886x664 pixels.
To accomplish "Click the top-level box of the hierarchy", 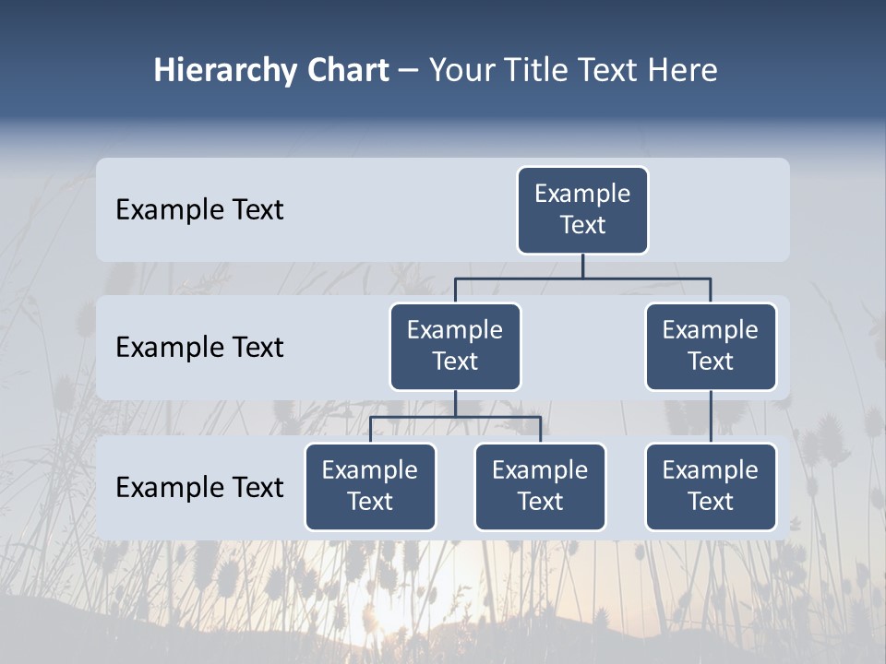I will coord(582,209).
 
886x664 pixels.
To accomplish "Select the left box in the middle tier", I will coord(455,346).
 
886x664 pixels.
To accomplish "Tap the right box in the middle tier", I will coord(711,346).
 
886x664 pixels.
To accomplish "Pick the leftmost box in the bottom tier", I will coord(370,486).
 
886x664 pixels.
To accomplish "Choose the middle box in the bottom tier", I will coord(540,486).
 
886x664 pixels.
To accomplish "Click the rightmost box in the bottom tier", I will coord(711,486).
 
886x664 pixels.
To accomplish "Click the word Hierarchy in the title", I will coord(223,71).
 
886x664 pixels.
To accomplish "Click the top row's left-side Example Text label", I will coord(199,209).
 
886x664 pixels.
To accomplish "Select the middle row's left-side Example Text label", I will coord(199,347).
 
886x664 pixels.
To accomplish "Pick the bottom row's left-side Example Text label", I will coord(199,487).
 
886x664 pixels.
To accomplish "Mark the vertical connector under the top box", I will coord(582,266).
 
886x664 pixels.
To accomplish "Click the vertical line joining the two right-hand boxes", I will coord(711,416).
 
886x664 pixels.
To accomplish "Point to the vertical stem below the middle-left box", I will coord(455,403).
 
